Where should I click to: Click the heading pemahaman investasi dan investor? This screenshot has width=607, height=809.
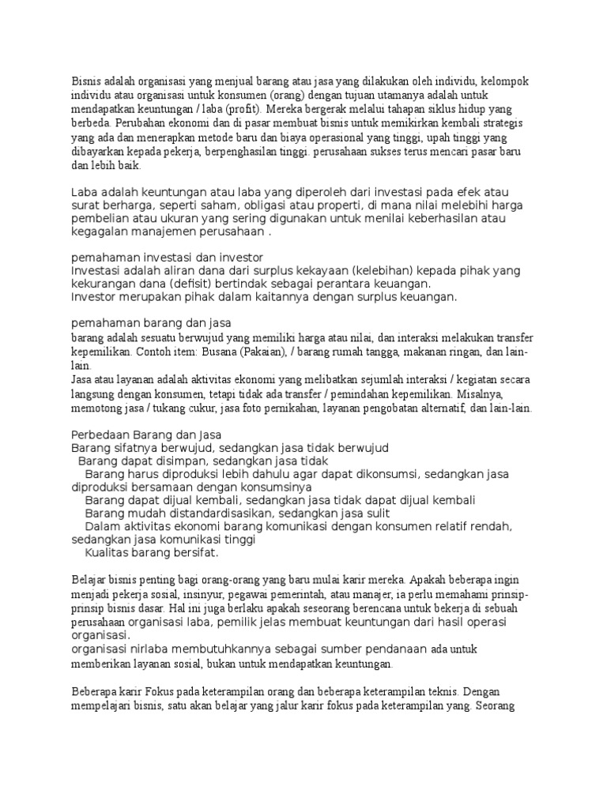(x=167, y=258)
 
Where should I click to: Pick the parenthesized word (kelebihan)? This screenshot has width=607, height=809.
(x=371, y=271)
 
